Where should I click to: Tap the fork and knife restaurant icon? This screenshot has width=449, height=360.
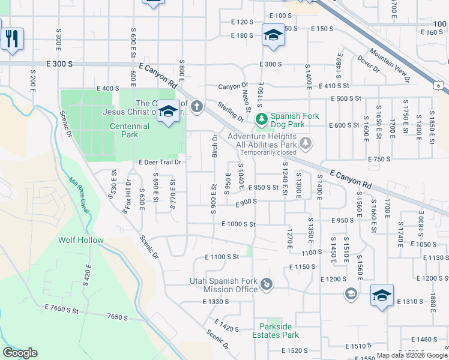point(12,39)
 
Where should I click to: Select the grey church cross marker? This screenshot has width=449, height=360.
point(197,107)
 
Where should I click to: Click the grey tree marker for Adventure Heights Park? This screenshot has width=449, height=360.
point(306,143)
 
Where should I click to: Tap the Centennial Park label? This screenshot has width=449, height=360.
point(129,130)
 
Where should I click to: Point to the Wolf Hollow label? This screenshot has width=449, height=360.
point(80,240)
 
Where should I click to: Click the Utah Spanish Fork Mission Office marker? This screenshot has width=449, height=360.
point(267,283)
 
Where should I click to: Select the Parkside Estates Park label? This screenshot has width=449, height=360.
point(275,331)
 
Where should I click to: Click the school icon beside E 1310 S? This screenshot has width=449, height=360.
point(382,296)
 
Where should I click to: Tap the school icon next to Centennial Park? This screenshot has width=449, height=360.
point(169,112)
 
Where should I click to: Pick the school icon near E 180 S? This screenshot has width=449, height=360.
point(273,35)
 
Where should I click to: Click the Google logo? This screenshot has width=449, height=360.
point(20,353)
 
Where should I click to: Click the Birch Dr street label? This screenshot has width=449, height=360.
point(214,146)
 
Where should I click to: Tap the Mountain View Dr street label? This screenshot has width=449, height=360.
point(389,66)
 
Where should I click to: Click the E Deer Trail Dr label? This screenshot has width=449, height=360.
point(160,162)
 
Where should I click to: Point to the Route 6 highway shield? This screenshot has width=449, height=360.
point(440,86)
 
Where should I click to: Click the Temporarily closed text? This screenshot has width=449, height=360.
point(262,152)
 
